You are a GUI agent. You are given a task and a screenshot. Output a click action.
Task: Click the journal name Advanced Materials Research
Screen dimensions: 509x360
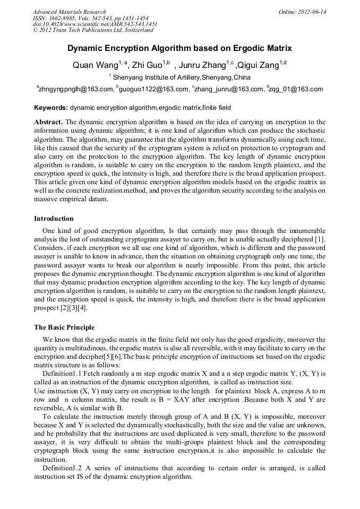pyautogui.click(x=69, y=12)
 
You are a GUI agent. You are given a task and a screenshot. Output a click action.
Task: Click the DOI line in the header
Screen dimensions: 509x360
pyautogui.click(x=95, y=24)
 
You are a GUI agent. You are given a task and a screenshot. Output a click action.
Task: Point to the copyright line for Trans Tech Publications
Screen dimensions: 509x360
pyautogui.click(x=93, y=30)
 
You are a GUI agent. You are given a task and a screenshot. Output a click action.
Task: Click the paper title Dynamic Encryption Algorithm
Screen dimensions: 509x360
pyautogui.click(x=179, y=48)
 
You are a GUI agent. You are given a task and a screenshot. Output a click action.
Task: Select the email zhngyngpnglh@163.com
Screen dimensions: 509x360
pyautogui.click(x=76, y=89)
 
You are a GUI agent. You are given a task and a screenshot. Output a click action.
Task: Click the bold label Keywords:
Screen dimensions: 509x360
pyautogui.click(x=51, y=108)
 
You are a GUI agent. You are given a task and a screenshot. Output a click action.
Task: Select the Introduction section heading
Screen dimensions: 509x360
pyautogui.click(x=54, y=219)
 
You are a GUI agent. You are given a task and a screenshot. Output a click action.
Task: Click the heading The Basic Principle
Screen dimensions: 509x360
pyautogui.click(x=64, y=327)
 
